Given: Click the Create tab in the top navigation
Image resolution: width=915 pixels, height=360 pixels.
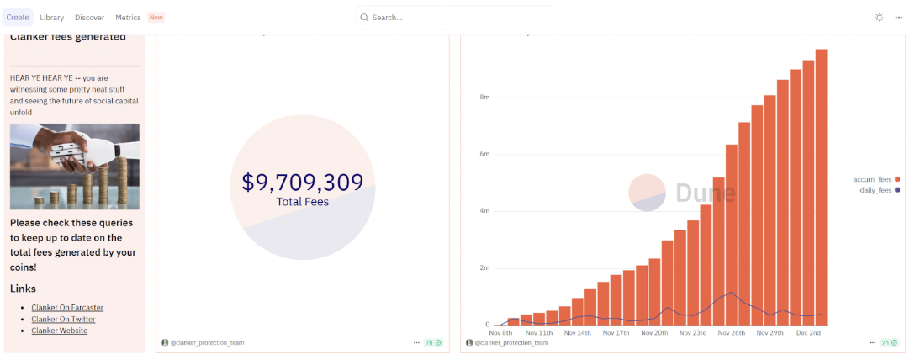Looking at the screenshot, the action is pyautogui.click(x=18, y=18).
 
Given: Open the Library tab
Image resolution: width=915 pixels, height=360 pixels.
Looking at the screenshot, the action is pyautogui.click(x=52, y=18).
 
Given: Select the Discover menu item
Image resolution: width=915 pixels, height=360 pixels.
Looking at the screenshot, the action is pyautogui.click(x=89, y=18).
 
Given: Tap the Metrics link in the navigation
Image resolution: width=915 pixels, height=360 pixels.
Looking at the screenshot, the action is pyautogui.click(x=128, y=18).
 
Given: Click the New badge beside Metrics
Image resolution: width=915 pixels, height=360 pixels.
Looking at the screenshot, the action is pyautogui.click(x=156, y=18).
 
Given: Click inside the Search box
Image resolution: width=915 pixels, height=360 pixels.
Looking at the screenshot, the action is pyautogui.click(x=455, y=18).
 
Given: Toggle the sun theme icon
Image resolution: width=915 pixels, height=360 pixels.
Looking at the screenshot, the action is pyautogui.click(x=879, y=18).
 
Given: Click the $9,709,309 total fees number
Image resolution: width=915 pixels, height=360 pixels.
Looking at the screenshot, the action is pyautogui.click(x=302, y=183).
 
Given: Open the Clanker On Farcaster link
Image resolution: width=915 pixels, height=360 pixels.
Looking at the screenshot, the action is pyautogui.click(x=67, y=308).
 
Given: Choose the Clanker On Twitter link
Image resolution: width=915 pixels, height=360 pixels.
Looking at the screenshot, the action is pyautogui.click(x=63, y=319).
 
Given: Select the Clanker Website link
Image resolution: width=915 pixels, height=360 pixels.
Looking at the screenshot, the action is pyautogui.click(x=60, y=331).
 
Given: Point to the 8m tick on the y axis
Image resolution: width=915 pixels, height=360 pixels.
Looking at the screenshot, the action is pyautogui.click(x=484, y=98).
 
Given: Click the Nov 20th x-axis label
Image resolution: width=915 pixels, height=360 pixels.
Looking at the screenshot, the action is pyautogui.click(x=653, y=333).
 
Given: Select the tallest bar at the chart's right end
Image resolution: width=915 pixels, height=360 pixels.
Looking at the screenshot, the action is pyautogui.click(x=821, y=187).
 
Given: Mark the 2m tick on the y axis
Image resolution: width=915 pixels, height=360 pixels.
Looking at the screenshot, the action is pyautogui.click(x=484, y=268).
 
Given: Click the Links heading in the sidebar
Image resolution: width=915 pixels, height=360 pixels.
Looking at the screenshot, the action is pyautogui.click(x=23, y=289).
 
